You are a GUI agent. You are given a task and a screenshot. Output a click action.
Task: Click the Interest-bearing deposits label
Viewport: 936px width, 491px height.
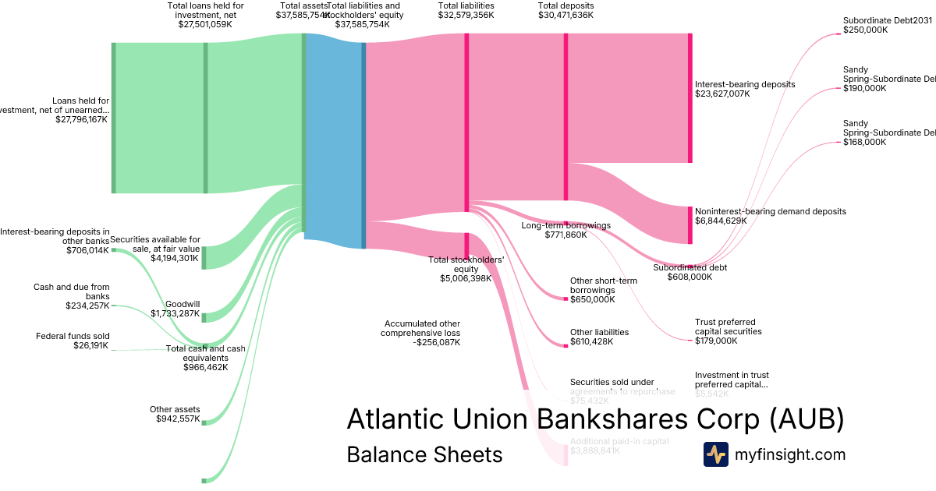coord(745,84)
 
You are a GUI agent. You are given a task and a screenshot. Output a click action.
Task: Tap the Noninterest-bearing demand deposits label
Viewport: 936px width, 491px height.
coord(770,211)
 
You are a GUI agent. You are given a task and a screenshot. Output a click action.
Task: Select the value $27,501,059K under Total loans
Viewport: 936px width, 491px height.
coord(205,24)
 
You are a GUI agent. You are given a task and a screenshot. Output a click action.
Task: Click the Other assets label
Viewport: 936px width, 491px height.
coord(175,409)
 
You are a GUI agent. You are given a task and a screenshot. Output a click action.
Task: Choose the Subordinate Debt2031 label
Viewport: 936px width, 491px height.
coord(888,21)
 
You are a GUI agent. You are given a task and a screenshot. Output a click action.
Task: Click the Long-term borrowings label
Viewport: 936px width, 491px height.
coord(565,225)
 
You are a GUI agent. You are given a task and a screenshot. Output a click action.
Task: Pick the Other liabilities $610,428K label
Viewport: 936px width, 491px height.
coord(599,337)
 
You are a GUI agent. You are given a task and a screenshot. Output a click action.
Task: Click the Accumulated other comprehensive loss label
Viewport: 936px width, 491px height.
coord(421,328)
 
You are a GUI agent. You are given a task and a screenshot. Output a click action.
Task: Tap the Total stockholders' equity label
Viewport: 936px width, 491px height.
coord(466,264)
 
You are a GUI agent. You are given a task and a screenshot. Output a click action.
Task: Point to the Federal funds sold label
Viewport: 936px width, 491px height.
coord(73,336)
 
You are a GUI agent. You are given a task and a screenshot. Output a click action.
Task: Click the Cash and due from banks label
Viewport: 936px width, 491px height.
coord(71,291)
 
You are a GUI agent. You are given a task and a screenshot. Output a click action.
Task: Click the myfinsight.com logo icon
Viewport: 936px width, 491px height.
coord(715,454)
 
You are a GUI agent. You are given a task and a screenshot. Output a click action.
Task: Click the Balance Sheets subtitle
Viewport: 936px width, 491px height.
coord(424,455)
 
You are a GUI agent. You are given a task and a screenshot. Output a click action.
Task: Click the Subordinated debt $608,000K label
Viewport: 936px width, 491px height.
coord(690,267)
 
